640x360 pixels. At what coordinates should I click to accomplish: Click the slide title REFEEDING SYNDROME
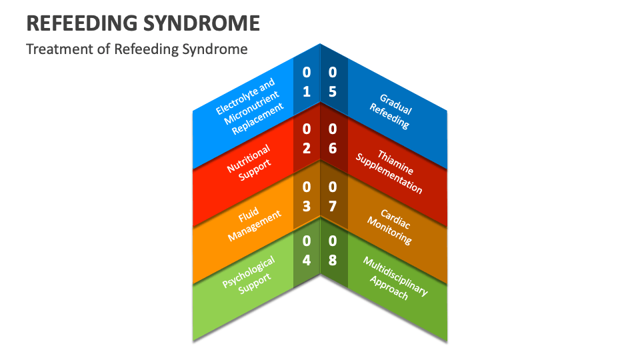click(x=143, y=23)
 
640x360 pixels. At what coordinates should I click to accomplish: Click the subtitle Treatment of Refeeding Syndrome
click(x=137, y=49)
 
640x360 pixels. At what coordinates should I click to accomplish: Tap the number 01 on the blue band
click(x=307, y=81)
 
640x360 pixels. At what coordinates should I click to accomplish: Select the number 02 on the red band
click(x=307, y=139)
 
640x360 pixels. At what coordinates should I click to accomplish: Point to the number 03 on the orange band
click(x=307, y=197)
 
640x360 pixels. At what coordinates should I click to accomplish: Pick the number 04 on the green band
click(x=307, y=251)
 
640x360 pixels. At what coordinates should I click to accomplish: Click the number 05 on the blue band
click(x=333, y=81)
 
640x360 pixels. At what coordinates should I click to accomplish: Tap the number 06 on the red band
click(x=333, y=139)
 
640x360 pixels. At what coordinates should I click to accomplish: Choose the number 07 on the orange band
click(x=333, y=197)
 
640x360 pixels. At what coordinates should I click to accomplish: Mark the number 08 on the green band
click(x=333, y=251)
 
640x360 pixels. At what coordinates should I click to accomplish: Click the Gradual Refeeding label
click(x=392, y=111)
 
